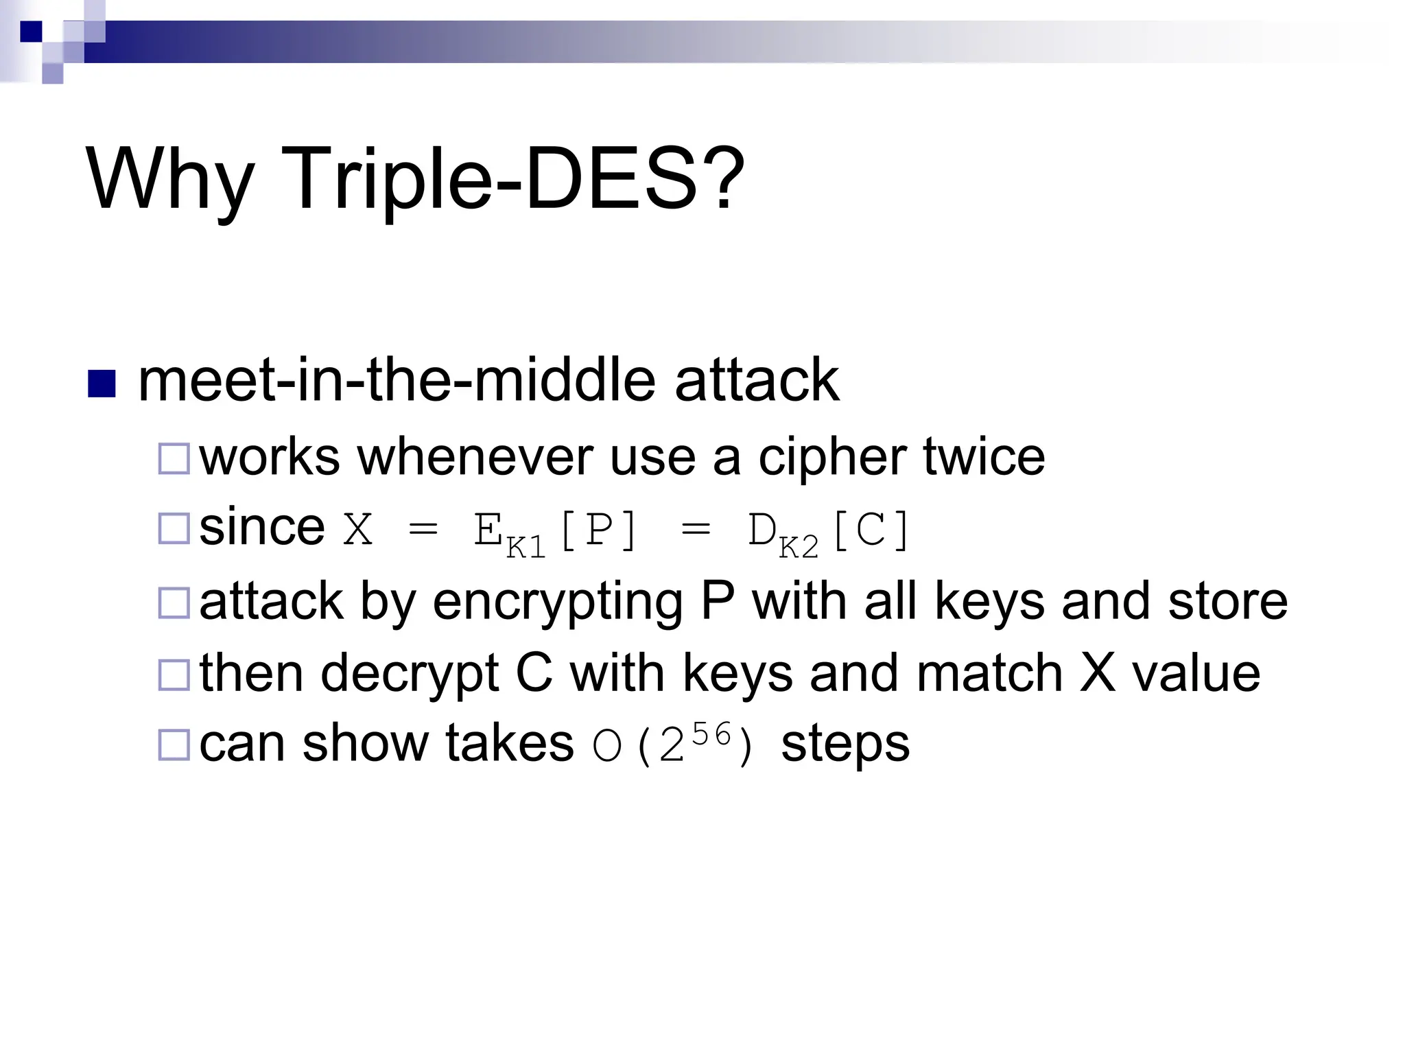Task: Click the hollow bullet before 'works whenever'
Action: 174,459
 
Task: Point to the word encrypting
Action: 557,602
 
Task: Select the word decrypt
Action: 409,674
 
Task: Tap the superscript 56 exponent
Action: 711,735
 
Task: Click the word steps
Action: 845,744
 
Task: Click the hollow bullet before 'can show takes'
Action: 174,745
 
